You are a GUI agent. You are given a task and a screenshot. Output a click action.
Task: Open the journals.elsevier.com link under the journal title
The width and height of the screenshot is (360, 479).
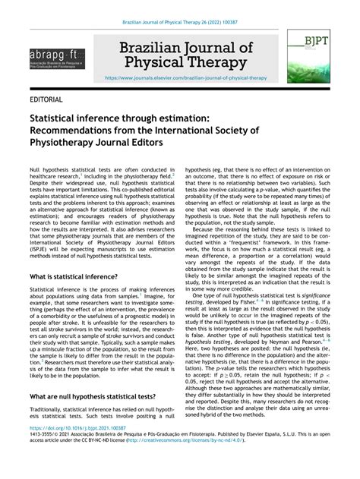point(186,77)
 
